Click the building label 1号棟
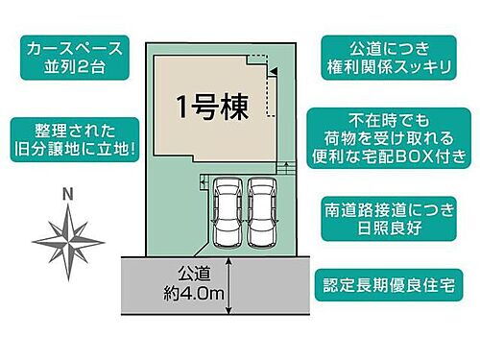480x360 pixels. pyautogui.click(x=212, y=107)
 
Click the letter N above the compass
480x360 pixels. pyautogui.click(x=66, y=194)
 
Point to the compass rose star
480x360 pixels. pyautogui.click(x=66, y=234)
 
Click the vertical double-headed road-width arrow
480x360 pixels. pyautogui.click(x=230, y=285)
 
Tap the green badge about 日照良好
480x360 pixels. pyautogui.click(x=389, y=217)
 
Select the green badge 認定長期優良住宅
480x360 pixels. pyautogui.click(x=389, y=284)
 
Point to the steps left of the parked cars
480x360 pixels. pyautogui.click(x=204, y=182)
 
